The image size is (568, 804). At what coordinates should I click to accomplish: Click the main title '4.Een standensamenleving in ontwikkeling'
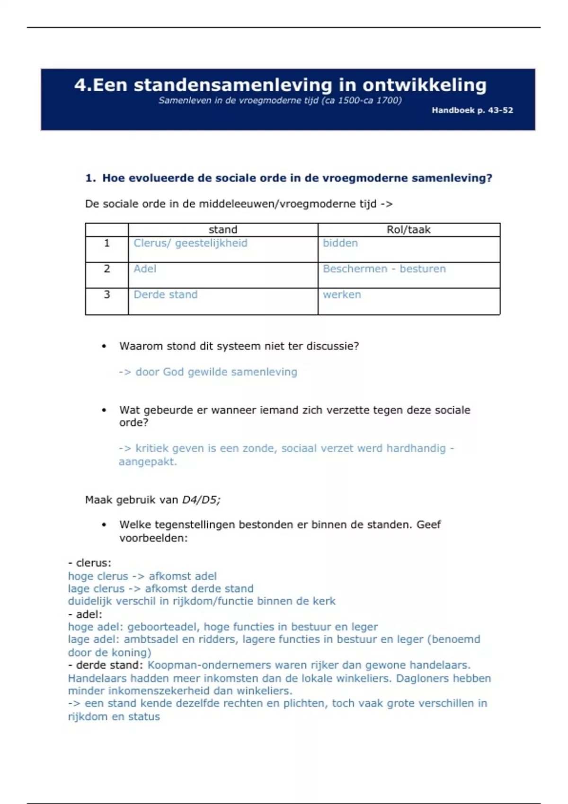[280, 85]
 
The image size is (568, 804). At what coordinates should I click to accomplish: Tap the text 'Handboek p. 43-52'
[472, 110]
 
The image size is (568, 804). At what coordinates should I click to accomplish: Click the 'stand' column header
[223, 230]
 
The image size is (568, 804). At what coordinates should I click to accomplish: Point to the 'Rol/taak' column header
[408, 230]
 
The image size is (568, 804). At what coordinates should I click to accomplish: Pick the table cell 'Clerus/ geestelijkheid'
[190, 243]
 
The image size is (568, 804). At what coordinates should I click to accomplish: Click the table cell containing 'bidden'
[340, 243]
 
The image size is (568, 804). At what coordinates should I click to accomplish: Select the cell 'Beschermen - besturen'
[384, 269]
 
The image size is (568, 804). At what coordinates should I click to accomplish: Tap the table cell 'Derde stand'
[165, 295]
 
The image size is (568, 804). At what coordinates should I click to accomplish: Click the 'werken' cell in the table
[342, 295]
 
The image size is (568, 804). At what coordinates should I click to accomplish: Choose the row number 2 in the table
[107, 269]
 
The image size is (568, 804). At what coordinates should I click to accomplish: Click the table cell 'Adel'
[145, 269]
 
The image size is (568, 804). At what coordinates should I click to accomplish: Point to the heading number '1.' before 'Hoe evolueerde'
[90, 178]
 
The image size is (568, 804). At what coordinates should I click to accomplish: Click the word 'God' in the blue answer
[173, 372]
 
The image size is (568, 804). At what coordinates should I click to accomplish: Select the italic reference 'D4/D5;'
[201, 500]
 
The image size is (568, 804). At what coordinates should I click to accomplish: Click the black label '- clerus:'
[89, 563]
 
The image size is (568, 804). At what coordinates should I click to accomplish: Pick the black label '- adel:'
[85, 614]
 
